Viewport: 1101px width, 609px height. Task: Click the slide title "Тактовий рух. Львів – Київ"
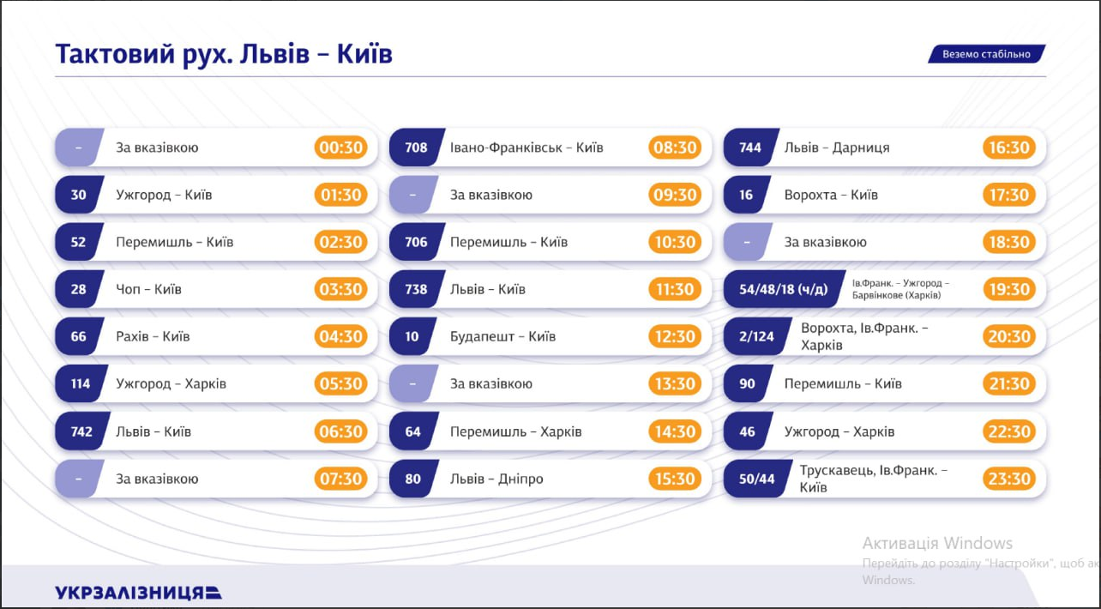pyautogui.click(x=224, y=54)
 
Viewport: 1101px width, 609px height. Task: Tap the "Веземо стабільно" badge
pyautogui.click(x=986, y=54)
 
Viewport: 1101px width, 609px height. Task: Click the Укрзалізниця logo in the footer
pyautogui.click(x=138, y=592)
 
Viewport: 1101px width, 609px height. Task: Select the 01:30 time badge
pyautogui.click(x=340, y=195)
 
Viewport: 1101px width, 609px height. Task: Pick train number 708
pyautogui.click(x=416, y=148)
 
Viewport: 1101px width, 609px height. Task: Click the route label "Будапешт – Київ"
pyautogui.click(x=502, y=336)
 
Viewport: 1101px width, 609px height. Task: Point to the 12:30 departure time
pyautogui.click(x=675, y=336)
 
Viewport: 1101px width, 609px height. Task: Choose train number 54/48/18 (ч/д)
pyautogui.click(x=783, y=289)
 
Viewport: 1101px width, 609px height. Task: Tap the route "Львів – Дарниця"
pyautogui.click(x=836, y=148)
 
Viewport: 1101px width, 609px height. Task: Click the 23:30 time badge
pyautogui.click(x=1009, y=479)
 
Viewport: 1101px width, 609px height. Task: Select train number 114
pyautogui.click(x=80, y=383)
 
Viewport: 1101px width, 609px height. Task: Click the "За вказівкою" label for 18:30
pyautogui.click(x=825, y=242)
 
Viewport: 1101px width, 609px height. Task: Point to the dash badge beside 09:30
pyautogui.click(x=412, y=195)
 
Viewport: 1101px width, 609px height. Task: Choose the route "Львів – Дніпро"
pyautogui.click(x=496, y=479)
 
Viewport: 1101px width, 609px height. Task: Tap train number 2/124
pyautogui.click(x=756, y=336)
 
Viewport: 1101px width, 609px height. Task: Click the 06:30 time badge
pyautogui.click(x=340, y=431)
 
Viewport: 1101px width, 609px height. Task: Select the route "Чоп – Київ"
pyautogui.click(x=148, y=289)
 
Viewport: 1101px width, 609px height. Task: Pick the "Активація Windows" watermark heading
pyautogui.click(x=937, y=543)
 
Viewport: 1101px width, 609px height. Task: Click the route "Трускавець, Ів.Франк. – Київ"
pyautogui.click(x=873, y=479)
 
